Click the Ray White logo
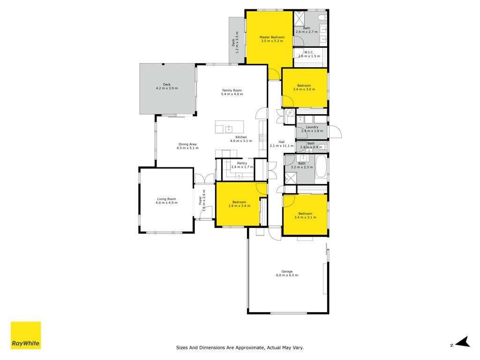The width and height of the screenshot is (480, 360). tap(26, 335)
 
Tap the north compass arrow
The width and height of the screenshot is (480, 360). tap(463, 342)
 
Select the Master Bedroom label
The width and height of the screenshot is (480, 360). tap(272, 37)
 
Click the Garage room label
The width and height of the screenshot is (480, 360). tap(287, 271)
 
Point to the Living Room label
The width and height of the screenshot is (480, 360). tap(166, 199)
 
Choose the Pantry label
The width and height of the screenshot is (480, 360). tap(242, 163)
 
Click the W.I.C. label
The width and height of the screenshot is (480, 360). tap(309, 52)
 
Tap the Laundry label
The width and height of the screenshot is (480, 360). tap(312, 127)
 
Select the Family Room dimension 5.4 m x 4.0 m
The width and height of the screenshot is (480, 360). tap(232, 94)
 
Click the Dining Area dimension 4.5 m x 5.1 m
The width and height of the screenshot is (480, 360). tap(187, 148)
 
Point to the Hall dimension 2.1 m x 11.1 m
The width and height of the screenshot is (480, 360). tap(282, 146)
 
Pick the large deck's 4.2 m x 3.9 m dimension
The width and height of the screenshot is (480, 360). tap(167, 88)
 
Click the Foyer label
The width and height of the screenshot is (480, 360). tap(200, 201)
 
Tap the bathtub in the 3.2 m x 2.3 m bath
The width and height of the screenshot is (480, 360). tap(321, 166)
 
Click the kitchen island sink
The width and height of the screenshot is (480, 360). tap(229, 129)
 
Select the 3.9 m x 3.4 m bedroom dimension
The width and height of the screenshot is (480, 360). tap(239, 206)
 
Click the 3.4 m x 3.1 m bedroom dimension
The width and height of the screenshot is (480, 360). tap(305, 217)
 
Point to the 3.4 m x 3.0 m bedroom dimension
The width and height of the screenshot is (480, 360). tap(304, 90)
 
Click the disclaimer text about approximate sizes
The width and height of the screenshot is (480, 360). tap(240, 347)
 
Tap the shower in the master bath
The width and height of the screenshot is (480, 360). tap(299, 18)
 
